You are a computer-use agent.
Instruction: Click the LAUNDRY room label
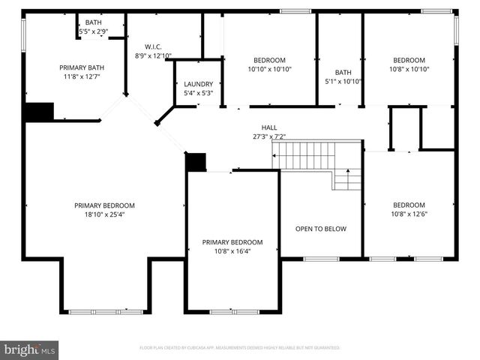pyautogui.click(x=198, y=84)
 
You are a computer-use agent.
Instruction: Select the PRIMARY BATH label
pyautogui.click(x=81, y=67)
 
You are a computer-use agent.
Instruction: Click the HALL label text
pyautogui.click(x=269, y=127)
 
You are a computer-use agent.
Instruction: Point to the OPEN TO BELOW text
pyautogui.click(x=320, y=229)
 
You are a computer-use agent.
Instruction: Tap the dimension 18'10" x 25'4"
pyautogui.click(x=104, y=214)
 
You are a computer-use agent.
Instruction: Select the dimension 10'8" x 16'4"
pyautogui.click(x=232, y=251)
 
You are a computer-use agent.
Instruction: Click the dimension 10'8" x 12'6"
pyautogui.click(x=409, y=214)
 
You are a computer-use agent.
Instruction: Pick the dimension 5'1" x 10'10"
pyautogui.click(x=343, y=81)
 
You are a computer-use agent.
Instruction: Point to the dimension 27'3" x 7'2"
pyautogui.click(x=269, y=136)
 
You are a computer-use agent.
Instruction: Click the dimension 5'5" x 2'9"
pyautogui.click(x=94, y=31)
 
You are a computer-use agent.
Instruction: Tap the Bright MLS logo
pyautogui.click(x=30, y=350)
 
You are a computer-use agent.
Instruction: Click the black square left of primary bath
pyautogui.click(x=38, y=112)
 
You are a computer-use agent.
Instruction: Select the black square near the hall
pyautogui.click(x=196, y=162)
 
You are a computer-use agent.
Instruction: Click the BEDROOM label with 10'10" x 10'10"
pyautogui.click(x=269, y=60)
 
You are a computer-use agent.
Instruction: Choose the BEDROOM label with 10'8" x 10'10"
pyautogui.click(x=409, y=60)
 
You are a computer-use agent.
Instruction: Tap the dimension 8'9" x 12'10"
pyautogui.click(x=153, y=55)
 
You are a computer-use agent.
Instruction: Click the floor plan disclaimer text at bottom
pyautogui.click(x=240, y=348)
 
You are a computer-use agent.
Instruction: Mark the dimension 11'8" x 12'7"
pyautogui.click(x=81, y=76)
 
